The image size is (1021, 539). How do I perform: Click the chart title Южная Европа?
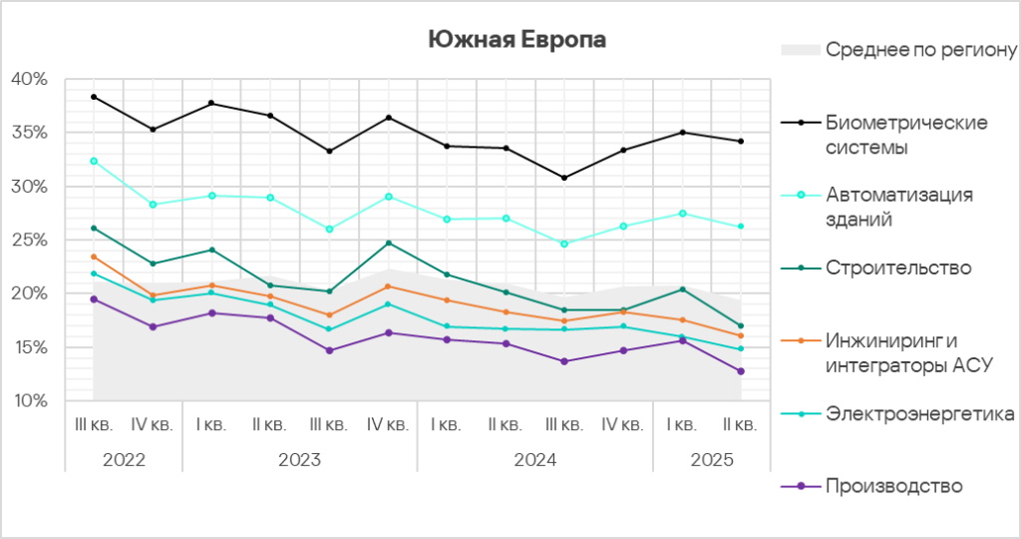click(x=516, y=39)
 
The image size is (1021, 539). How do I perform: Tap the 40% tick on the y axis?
click(x=29, y=79)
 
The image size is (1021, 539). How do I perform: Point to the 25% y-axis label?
click(x=29, y=241)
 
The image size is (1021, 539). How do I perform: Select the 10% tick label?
click(x=29, y=401)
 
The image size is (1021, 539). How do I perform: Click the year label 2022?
click(x=124, y=460)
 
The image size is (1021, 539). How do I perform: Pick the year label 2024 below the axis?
click(x=534, y=460)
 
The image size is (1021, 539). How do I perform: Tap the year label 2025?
click(x=711, y=460)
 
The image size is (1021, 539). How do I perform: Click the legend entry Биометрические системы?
click(x=906, y=135)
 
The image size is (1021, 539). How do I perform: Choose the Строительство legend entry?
click(x=898, y=268)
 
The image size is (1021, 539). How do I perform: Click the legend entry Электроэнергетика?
click(x=919, y=414)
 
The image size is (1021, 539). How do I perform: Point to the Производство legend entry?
click(x=893, y=486)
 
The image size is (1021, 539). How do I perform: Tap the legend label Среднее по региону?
click(x=920, y=49)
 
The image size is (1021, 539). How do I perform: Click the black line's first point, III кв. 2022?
click(x=94, y=97)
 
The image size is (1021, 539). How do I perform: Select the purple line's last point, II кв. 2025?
click(x=740, y=371)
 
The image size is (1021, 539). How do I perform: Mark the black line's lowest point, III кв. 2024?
click(x=564, y=178)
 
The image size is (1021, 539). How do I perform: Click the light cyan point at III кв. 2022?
click(x=94, y=161)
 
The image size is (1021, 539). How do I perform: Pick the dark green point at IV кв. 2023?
click(x=388, y=243)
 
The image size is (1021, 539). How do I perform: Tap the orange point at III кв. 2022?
click(x=94, y=257)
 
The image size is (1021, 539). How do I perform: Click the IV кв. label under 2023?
click(x=388, y=424)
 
